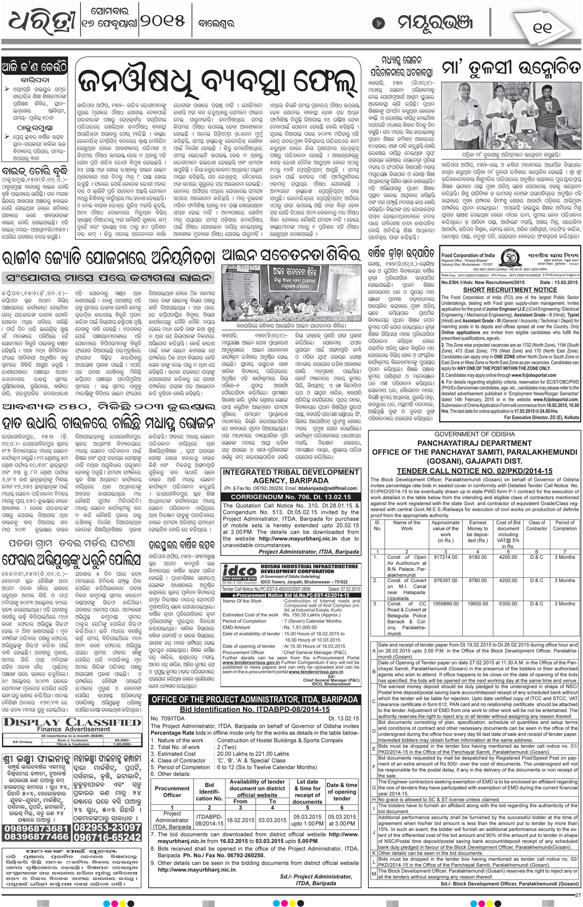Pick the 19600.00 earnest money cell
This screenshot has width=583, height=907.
point(478,604)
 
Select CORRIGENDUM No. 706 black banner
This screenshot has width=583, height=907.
point(291,497)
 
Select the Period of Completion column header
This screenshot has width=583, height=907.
point(565,525)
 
